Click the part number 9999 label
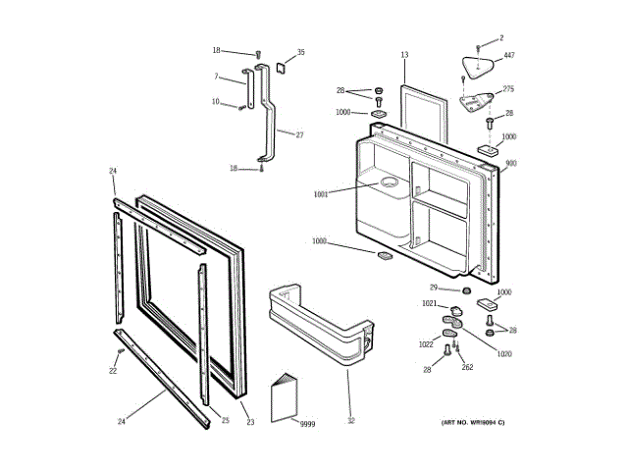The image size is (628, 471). coord(308,423)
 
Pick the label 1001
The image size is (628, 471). coord(320,194)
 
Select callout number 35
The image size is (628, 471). coord(300,52)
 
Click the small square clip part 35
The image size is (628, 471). coord(279,68)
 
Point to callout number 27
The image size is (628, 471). coord(299,134)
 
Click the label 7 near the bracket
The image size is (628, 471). coord(217,77)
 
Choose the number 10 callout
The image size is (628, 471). coord(216,101)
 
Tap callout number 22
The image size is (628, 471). coord(113,371)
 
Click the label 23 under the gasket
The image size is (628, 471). coord(249,422)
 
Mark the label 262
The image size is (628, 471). coord(467,367)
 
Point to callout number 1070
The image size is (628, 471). coord(504,353)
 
